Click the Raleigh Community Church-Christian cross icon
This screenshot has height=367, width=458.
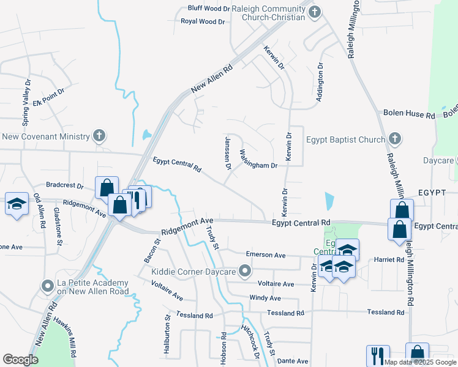[315, 12]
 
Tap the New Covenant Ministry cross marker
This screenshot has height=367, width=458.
[100, 136]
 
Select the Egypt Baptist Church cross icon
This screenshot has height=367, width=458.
[395, 139]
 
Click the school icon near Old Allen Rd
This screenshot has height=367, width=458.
[17, 204]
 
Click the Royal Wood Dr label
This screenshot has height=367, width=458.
[205, 21]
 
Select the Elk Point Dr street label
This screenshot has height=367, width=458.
[50, 97]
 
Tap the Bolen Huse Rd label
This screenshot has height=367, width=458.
[409, 114]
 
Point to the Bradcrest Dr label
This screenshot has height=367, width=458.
[64, 185]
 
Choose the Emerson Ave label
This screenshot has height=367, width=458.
[266, 254]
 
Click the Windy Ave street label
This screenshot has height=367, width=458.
[265, 298]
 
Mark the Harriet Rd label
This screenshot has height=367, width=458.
[392, 259]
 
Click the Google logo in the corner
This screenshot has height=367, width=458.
[20, 360]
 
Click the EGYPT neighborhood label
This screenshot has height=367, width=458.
[432, 192]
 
